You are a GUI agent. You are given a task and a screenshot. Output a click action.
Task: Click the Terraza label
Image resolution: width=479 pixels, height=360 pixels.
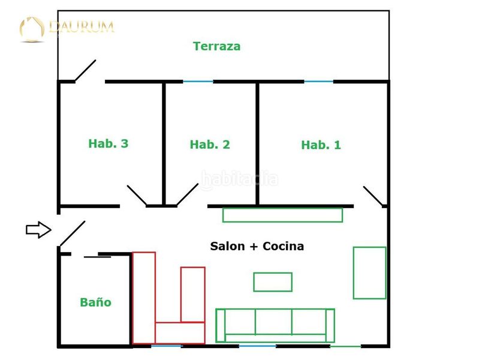pyautogui.click(x=216, y=46)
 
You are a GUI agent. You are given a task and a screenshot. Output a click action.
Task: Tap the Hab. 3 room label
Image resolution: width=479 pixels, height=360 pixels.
pyautogui.click(x=108, y=143)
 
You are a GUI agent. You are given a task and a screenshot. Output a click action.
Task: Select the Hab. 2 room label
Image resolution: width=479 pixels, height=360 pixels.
pyautogui.click(x=210, y=145)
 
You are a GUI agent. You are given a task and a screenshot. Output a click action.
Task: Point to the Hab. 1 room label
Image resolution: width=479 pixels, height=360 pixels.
pyautogui.click(x=321, y=145)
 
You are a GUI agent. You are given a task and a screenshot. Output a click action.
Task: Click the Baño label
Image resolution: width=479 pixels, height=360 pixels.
pyautogui.click(x=95, y=302)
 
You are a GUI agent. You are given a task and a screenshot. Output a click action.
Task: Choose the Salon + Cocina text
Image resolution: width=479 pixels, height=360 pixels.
pyautogui.click(x=257, y=246)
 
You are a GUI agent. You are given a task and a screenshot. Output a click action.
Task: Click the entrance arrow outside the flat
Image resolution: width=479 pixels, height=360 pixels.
pyautogui.click(x=38, y=229)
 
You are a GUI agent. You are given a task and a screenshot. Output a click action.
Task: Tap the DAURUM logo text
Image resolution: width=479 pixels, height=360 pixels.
pyautogui.click(x=82, y=26)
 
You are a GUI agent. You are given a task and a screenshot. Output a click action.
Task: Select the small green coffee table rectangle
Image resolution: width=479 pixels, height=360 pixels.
pyautogui.click(x=273, y=281)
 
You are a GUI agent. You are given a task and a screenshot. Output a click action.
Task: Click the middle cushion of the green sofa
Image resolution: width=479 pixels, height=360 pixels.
pyautogui.click(x=273, y=322)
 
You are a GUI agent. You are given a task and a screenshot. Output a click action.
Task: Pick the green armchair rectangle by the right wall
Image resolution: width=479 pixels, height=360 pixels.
pyautogui.click(x=370, y=273)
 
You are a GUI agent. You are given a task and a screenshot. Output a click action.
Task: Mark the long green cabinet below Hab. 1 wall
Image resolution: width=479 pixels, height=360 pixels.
pyautogui.click(x=282, y=215)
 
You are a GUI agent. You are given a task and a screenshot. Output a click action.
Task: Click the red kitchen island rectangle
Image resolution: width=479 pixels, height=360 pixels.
pyautogui.click(x=193, y=295)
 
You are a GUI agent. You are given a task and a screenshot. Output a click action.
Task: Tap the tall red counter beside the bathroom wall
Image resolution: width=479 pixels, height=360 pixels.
pyautogui.click(x=144, y=298)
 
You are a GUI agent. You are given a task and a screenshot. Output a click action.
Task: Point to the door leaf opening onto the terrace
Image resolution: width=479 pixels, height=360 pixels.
pyautogui.click(x=86, y=70)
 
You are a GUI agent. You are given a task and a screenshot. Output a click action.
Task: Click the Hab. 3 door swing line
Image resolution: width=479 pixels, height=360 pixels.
pyautogui.click(x=137, y=195)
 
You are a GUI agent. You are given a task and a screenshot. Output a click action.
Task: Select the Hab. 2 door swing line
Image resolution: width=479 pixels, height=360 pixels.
pyautogui.click(x=188, y=194)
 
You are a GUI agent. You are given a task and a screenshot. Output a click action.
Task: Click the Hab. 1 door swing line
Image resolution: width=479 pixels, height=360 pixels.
pyautogui.click(x=373, y=196)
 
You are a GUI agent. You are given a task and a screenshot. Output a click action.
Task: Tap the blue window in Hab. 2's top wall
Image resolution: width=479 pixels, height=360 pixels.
pyautogui.click(x=198, y=82)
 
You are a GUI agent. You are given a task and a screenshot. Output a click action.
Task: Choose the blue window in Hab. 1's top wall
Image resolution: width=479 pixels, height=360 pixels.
pyautogui.click(x=318, y=82)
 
